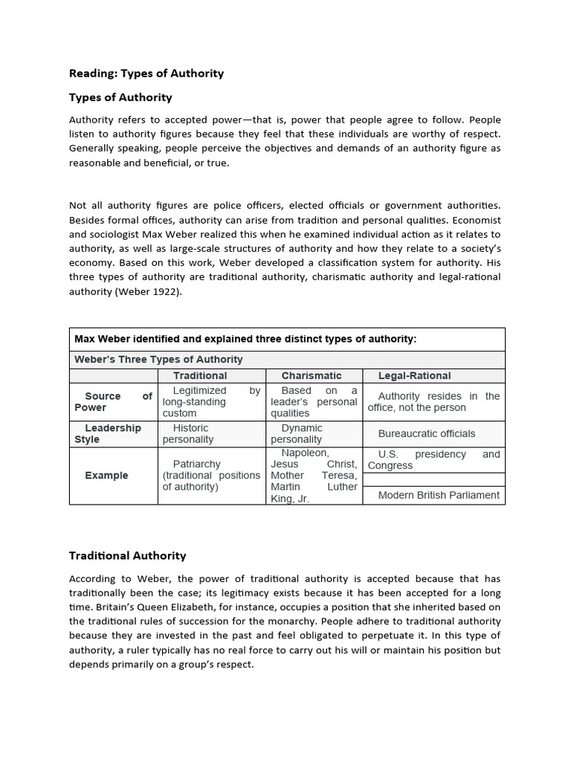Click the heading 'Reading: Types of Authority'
click(146, 73)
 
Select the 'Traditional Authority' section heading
click(127, 555)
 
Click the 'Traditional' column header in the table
click(200, 375)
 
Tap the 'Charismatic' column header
click(312, 375)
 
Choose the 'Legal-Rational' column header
click(414, 375)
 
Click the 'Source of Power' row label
click(112, 401)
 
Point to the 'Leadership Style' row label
click(112, 433)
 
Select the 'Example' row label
click(106, 475)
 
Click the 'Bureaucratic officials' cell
click(426, 433)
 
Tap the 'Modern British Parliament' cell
click(439, 495)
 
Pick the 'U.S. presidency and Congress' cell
click(433, 459)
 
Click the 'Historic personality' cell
click(190, 433)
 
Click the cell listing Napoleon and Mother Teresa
click(313, 476)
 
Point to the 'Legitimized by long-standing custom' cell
click(210, 401)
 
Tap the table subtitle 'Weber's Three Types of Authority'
click(158, 359)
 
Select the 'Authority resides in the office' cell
click(433, 401)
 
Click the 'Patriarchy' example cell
click(196, 464)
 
